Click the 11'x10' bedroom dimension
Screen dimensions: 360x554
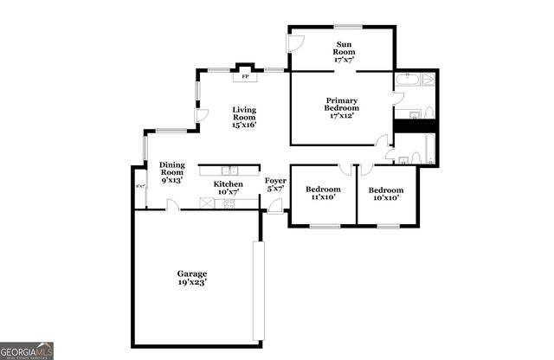coord(322,197)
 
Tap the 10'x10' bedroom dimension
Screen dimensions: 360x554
coord(385,197)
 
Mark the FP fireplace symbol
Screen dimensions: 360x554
coord(245,76)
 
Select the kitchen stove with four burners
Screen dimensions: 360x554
coord(229,203)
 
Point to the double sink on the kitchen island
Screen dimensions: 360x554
coord(229,170)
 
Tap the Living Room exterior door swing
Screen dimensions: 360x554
coord(202,115)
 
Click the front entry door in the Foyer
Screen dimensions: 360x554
coord(275,206)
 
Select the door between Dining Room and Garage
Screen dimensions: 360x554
coord(173,206)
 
